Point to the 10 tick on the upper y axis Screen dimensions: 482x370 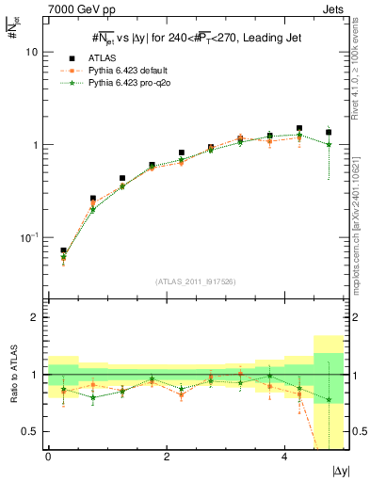(31, 53)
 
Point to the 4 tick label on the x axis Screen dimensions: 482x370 (284, 456)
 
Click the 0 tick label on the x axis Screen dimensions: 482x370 (48, 456)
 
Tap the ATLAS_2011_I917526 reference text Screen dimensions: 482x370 (195, 281)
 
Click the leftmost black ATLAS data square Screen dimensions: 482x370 (63, 251)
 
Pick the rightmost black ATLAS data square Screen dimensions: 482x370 (328, 133)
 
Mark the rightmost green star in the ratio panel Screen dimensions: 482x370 (328, 399)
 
